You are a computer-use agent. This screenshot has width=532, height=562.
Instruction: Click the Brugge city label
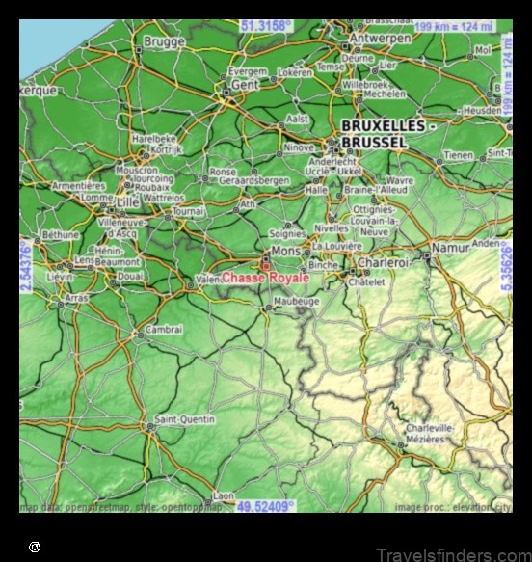(x=165, y=41)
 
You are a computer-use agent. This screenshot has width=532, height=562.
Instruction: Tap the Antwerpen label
(x=379, y=39)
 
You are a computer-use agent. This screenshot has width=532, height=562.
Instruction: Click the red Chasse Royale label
(x=265, y=278)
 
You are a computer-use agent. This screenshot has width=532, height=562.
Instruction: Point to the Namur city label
(x=450, y=248)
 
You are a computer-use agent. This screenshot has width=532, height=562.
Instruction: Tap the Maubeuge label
(x=296, y=301)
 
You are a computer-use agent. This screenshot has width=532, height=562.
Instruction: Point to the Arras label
(x=77, y=298)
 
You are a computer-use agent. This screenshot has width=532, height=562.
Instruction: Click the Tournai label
(x=189, y=211)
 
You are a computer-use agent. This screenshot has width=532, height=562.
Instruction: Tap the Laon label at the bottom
(x=223, y=495)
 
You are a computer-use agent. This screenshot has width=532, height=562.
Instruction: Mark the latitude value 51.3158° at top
(x=266, y=26)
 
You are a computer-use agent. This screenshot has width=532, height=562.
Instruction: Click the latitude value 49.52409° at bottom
(x=266, y=505)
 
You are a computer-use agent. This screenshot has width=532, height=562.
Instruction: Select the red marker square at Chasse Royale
(x=266, y=264)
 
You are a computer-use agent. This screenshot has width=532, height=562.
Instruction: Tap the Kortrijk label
(x=167, y=149)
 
